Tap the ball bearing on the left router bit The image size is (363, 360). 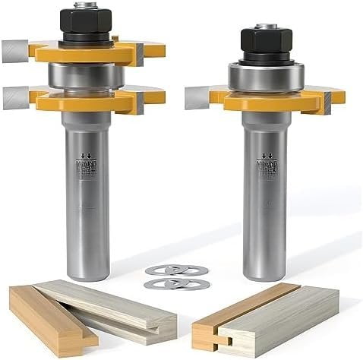(x=85, y=76)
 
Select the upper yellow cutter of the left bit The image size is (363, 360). (x=87, y=54)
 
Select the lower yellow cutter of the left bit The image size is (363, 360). (x=87, y=100)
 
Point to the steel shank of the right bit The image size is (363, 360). (x=265, y=205)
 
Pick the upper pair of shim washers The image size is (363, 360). (x=176, y=270)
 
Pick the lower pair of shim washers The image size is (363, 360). (x=176, y=283)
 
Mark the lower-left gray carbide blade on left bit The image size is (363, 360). (x=15, y=97)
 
